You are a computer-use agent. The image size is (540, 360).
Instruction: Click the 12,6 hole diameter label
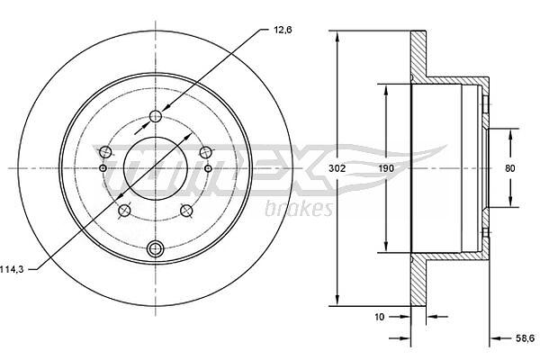pos(283,30)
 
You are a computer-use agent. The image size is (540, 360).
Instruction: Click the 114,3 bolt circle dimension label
pos(12,269)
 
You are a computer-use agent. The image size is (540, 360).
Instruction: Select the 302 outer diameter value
pos(337,168)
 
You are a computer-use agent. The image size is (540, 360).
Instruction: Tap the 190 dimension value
pos(386,168)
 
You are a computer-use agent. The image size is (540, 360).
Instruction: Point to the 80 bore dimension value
pos(510,168)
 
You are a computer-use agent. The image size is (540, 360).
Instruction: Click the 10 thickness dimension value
pos(379,317)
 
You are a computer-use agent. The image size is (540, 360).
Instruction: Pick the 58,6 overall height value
pos(526,338)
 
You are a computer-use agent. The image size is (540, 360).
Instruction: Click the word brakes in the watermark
pos(300,209)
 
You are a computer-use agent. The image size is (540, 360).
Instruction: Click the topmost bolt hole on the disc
pos(156,116)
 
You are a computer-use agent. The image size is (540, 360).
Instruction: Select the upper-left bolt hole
pos(105,152)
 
